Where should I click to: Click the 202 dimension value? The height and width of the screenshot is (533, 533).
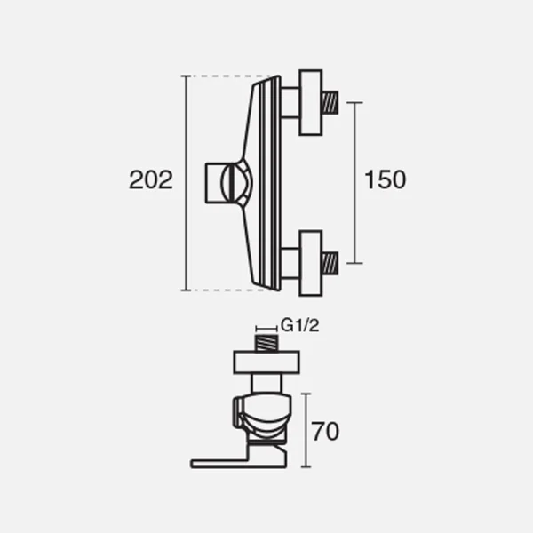151,179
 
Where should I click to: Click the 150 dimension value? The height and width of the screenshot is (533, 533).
386,179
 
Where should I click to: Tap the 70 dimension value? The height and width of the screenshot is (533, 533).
325,432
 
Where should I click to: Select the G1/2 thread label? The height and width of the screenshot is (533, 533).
300,326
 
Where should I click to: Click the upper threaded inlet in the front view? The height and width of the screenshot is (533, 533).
330,102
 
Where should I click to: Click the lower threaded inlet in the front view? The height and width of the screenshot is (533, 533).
330,263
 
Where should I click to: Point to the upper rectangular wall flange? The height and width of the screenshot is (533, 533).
311,103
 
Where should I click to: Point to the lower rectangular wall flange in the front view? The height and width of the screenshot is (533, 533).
311,264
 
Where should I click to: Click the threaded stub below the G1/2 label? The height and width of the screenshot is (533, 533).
266,343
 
